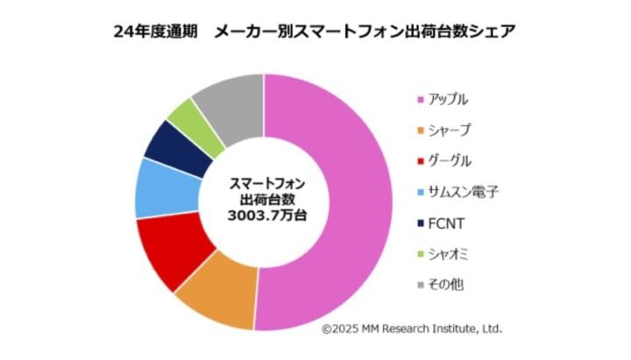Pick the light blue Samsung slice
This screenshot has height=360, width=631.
point(159,187)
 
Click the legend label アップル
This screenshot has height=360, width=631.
point(451,99)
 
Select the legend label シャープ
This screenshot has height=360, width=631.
point(451,130)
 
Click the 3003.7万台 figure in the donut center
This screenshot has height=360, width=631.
point(263,215)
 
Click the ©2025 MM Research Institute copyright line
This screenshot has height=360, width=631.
point(411,328)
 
